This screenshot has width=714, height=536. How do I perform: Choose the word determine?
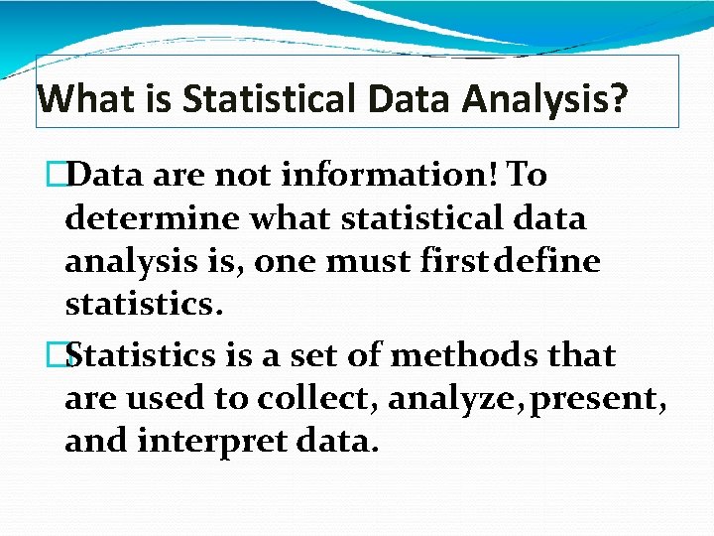[x=152, y=218]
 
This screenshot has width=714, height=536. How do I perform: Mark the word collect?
[x=316, y=399]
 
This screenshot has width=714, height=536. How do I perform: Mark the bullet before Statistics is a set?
[x=68, y=355]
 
